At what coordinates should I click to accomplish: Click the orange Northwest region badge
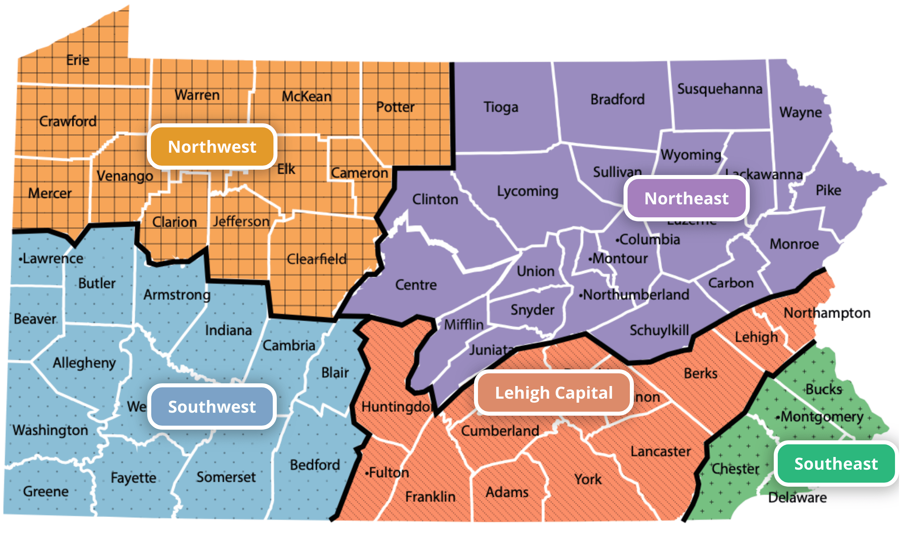212,147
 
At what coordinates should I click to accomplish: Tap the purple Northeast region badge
686,198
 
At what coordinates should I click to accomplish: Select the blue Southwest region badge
212,406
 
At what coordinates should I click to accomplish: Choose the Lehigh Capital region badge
553,393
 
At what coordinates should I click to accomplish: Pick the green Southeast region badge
835,464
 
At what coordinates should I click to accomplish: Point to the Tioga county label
500,107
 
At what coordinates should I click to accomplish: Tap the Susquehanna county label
719,89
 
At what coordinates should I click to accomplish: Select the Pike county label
828,190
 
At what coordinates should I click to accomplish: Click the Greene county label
46,491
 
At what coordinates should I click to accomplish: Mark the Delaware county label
797,497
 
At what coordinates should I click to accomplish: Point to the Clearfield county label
316,259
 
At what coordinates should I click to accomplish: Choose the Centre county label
416,285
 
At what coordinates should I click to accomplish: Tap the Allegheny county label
84,363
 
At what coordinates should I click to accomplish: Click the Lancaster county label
660,451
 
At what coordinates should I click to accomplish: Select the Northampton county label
827,313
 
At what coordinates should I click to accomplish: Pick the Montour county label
620,258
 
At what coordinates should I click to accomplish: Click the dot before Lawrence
20,259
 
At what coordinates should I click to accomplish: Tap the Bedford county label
315,465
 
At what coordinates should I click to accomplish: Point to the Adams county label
507,492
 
